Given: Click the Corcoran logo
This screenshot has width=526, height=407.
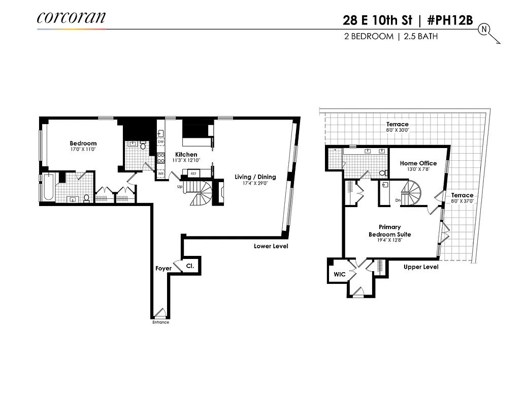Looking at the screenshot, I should pos(71,18).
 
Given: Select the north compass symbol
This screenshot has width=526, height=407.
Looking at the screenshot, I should pos(483,30).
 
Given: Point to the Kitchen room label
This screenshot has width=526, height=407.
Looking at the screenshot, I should pos(186,155).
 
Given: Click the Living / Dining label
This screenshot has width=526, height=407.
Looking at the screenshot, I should pos(255,177).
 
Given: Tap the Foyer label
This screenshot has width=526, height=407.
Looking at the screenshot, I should pos(163,268).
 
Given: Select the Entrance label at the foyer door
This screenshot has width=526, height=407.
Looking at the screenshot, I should pos(160,322).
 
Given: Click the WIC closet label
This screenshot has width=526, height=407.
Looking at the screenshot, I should pos(339,275).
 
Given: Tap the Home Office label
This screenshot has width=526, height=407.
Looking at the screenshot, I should pos(418,163).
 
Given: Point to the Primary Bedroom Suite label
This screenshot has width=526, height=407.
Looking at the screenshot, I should pos(389,230).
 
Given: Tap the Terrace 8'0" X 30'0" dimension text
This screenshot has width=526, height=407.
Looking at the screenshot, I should pos(397,130).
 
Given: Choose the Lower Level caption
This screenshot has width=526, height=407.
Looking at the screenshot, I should pos(271,246).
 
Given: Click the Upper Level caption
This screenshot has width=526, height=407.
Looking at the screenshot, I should pos(420,267).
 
